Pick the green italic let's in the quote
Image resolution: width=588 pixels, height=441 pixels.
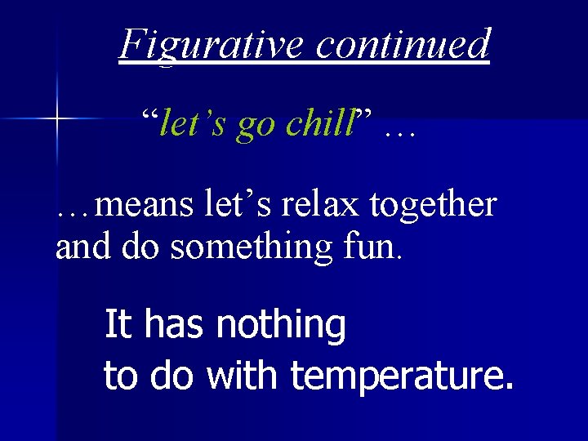pyautogui.click(x=194, y=124)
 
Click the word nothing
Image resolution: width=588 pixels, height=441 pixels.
pyautogui.click(x=281, y=326)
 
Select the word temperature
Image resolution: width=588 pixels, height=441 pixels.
pyautogui.click(x=402, y=376)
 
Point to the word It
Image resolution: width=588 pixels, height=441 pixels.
pyautogui.click(x=118, y=325)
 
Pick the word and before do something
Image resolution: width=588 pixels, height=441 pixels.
pyautogui.click(x=82, y=247)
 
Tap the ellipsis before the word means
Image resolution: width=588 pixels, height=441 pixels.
pyautogui.click(x=74, y=212)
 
